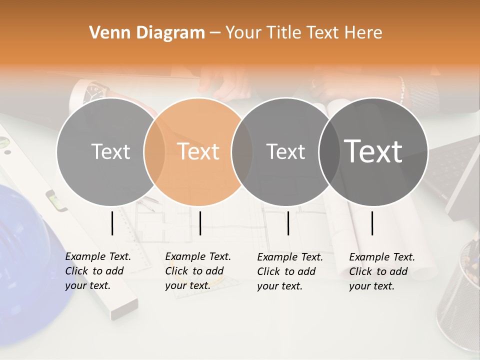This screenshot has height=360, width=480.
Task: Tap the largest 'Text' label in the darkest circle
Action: tap(373, 151)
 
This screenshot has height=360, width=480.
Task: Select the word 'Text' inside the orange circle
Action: tap(198, 151)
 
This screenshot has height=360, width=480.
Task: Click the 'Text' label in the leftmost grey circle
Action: tap(110, 151)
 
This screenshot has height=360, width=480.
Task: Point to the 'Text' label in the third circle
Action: tap(285, 151)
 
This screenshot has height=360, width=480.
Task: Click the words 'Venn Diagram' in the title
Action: tap(147, 32)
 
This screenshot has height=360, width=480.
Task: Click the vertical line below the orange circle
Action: tap(200, 223)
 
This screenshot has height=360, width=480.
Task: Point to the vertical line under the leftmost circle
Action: tap(112, 223)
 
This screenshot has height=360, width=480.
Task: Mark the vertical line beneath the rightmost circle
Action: tap(372, 223)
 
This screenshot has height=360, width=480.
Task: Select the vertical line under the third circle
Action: tap(288, 223)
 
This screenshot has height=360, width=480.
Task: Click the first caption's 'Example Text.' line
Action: tap(98, 256)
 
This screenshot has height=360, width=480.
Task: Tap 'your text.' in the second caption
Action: tap(187, 285)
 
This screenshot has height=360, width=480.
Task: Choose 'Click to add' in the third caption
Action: tap(286, 271)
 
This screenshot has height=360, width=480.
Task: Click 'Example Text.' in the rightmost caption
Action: tap(382, 257)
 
